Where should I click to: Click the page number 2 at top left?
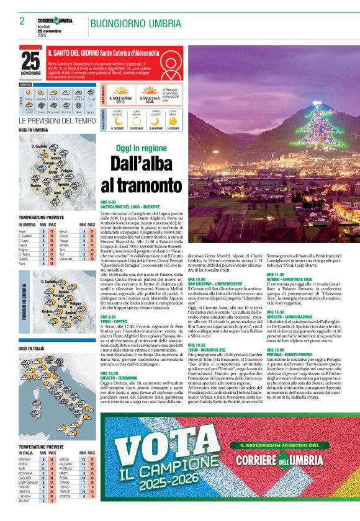click(x=22, y=22)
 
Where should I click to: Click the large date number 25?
click(x=30, y=61)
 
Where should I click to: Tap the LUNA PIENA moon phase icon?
click(x=174, y=119)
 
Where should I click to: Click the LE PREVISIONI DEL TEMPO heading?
click(x=57, y=120)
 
